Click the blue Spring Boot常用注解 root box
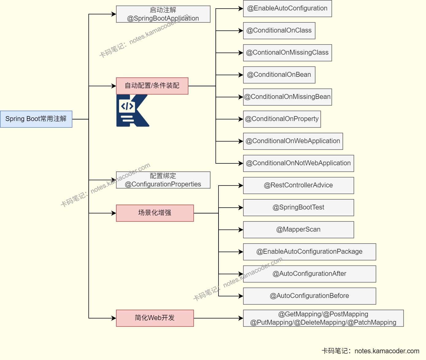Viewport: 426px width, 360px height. [x=36, y=119]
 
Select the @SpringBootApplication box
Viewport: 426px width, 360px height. [x=163, y=14]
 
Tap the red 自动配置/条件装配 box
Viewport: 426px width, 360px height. [x=152, y=86]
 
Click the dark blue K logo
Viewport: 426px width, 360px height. [x=132, y=111]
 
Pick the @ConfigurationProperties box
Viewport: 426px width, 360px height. [x=163, y=180]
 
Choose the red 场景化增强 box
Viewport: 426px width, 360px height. [x=155, y=213]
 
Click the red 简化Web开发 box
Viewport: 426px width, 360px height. [x=155, y=318]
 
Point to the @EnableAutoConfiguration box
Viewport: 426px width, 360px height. [x=287, y=9]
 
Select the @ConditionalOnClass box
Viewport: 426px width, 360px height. [x=279, y=31]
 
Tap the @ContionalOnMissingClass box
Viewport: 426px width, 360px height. [x=287, y=53]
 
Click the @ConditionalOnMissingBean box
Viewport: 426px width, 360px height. [x=287, y=97]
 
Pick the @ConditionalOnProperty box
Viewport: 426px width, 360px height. [x=282, y=119]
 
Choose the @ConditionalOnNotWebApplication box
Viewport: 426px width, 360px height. [x=298, y=163]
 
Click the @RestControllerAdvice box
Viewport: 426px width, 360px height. [x=298, y=186]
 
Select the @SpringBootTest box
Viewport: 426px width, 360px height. [x=298, y=208]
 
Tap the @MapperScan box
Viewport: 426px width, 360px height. [x=298, y=230]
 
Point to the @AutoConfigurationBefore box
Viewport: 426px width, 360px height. [x=309, y=296]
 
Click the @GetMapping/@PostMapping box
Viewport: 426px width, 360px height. [x=323, y=318]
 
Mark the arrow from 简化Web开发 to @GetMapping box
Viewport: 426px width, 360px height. [x=218, y=318]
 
